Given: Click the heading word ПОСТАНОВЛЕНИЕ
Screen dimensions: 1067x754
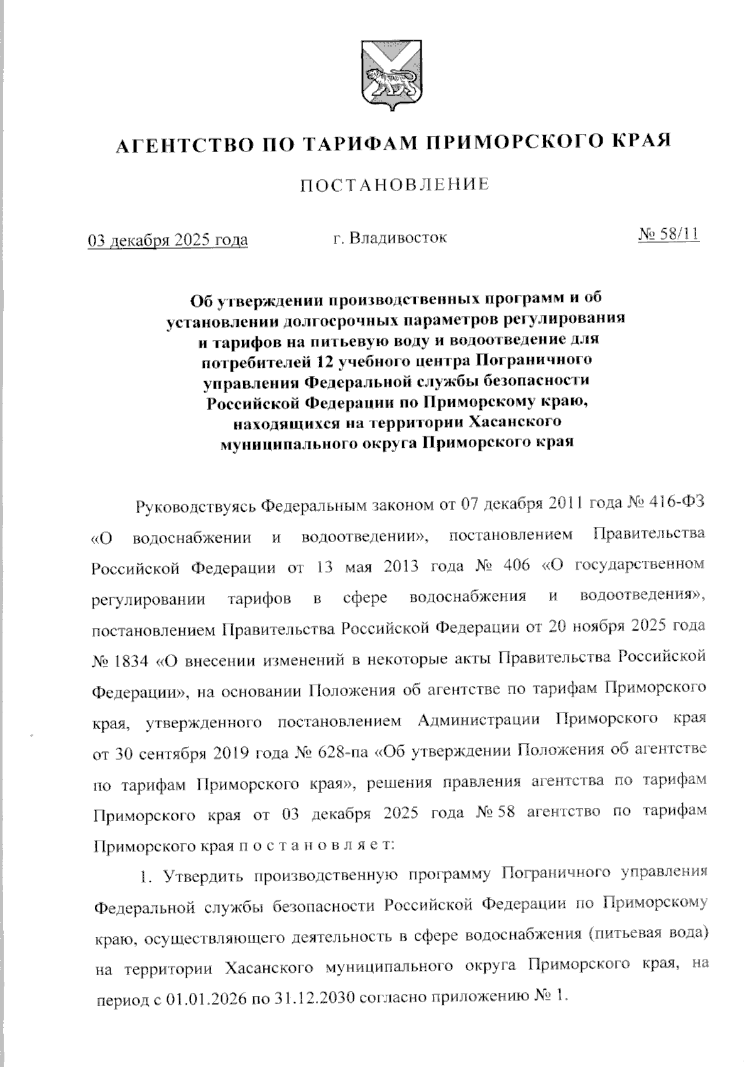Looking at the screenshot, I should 394,185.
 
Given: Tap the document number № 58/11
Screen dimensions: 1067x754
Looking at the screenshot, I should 669,235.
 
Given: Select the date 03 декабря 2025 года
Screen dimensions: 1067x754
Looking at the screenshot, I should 167,240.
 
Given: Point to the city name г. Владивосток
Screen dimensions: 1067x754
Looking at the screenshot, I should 390,238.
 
